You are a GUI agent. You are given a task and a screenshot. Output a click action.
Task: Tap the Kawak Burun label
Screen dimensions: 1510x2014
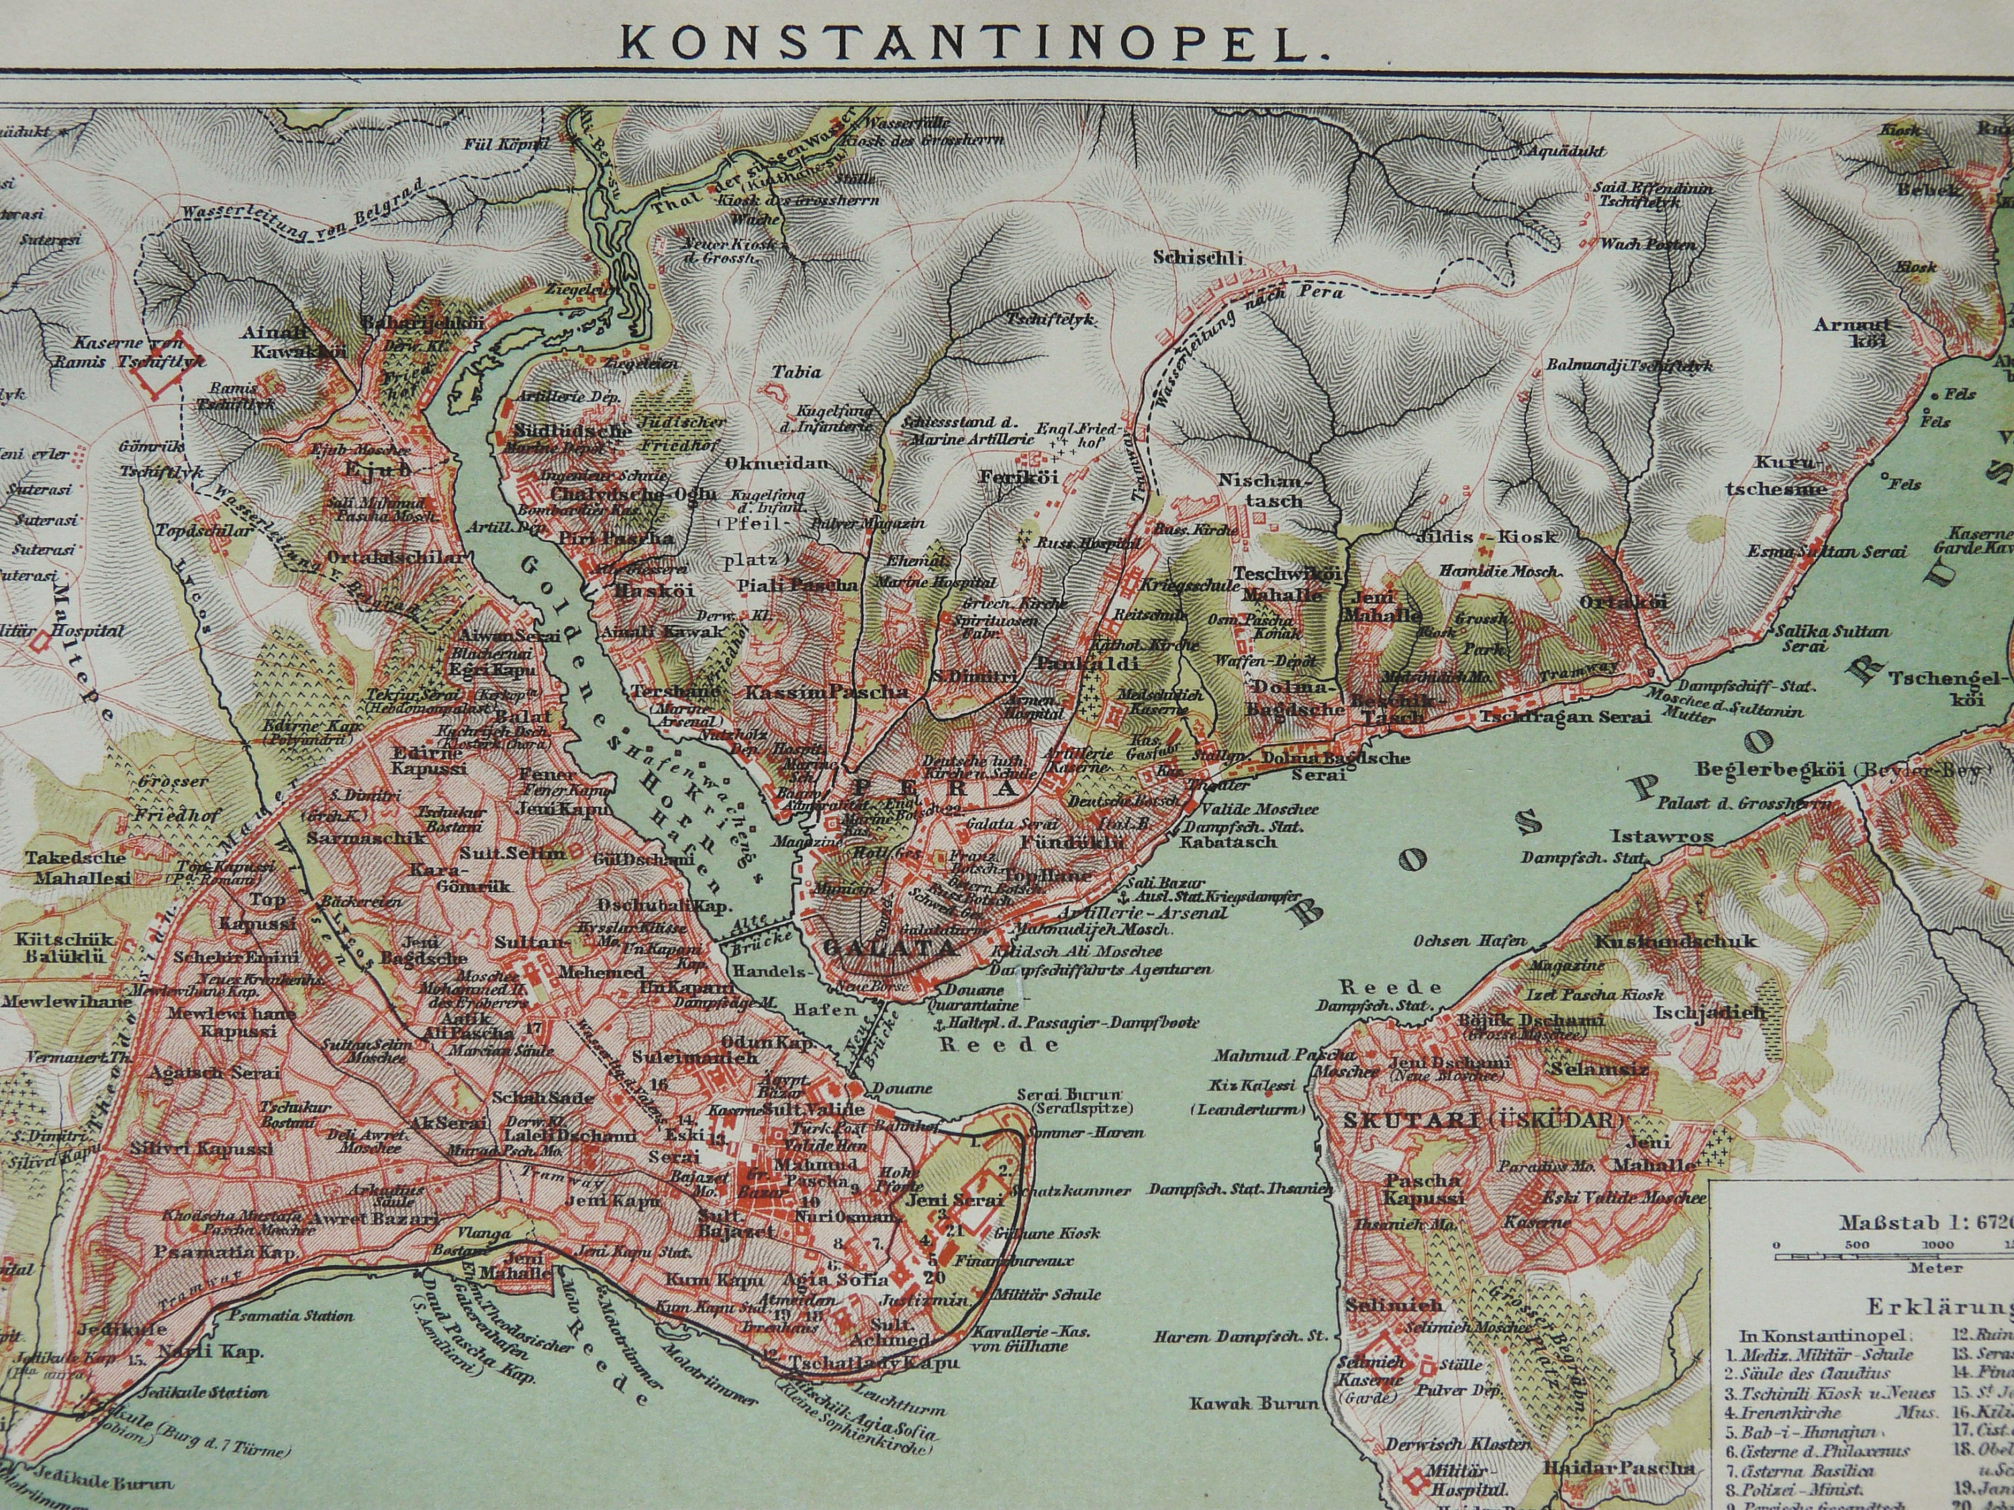(x=1253, y=1403)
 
